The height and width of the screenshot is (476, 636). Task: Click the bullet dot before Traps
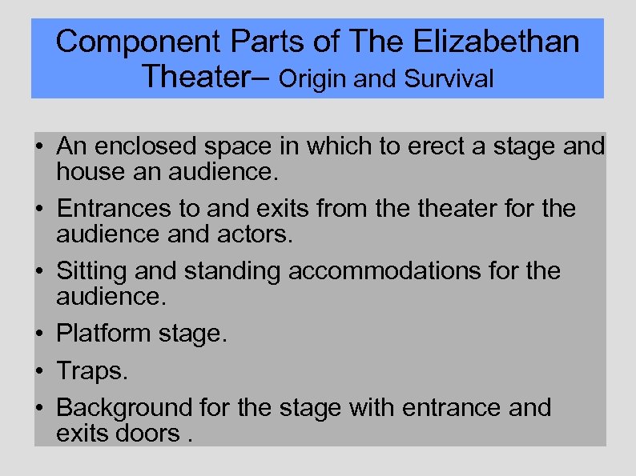[x=38, y=372]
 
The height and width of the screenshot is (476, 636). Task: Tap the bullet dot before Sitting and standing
[x=38, y=273]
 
